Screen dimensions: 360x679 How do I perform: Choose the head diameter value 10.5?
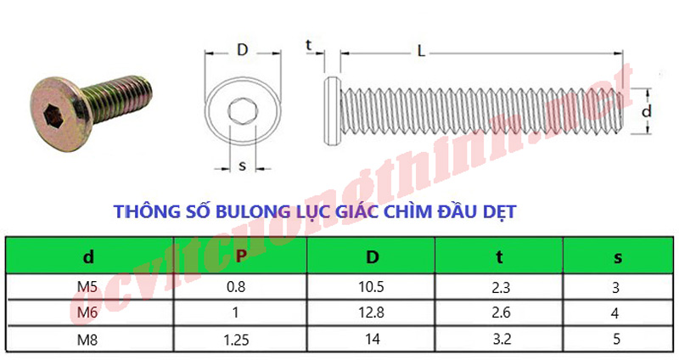pyautogui.click(x=371, y=287)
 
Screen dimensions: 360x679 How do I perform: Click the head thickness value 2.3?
pyautogui.click(x=499, y=287)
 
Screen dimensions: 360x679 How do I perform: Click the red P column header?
pyautogui.click(x=240, y=255)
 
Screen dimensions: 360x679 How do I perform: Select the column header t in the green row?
pyautogui.click(x=499, y=255)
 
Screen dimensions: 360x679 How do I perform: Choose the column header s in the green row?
pyautogui.click(x=616, y=255)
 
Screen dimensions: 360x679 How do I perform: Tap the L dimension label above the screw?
pyautogui.click(x=422, y=50)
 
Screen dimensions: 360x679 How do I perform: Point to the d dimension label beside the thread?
pyautogui.click(x=646, y=111)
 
